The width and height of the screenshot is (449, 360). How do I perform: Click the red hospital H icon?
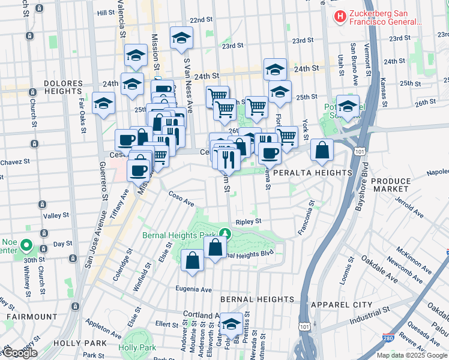[340, 17]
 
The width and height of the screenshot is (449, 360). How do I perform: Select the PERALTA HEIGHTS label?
[312, 173]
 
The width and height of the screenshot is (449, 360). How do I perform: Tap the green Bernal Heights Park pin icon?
[224, 233]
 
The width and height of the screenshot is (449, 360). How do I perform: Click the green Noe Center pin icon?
[26, 245]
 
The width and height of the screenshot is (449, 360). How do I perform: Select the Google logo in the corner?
[19, 353]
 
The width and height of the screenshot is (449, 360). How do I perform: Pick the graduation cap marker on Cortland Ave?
[231, 323]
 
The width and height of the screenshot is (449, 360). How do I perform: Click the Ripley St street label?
[248, 221]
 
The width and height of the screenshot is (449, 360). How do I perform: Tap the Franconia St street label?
[306, 218]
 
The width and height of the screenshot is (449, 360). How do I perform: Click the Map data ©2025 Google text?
[411, 355]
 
